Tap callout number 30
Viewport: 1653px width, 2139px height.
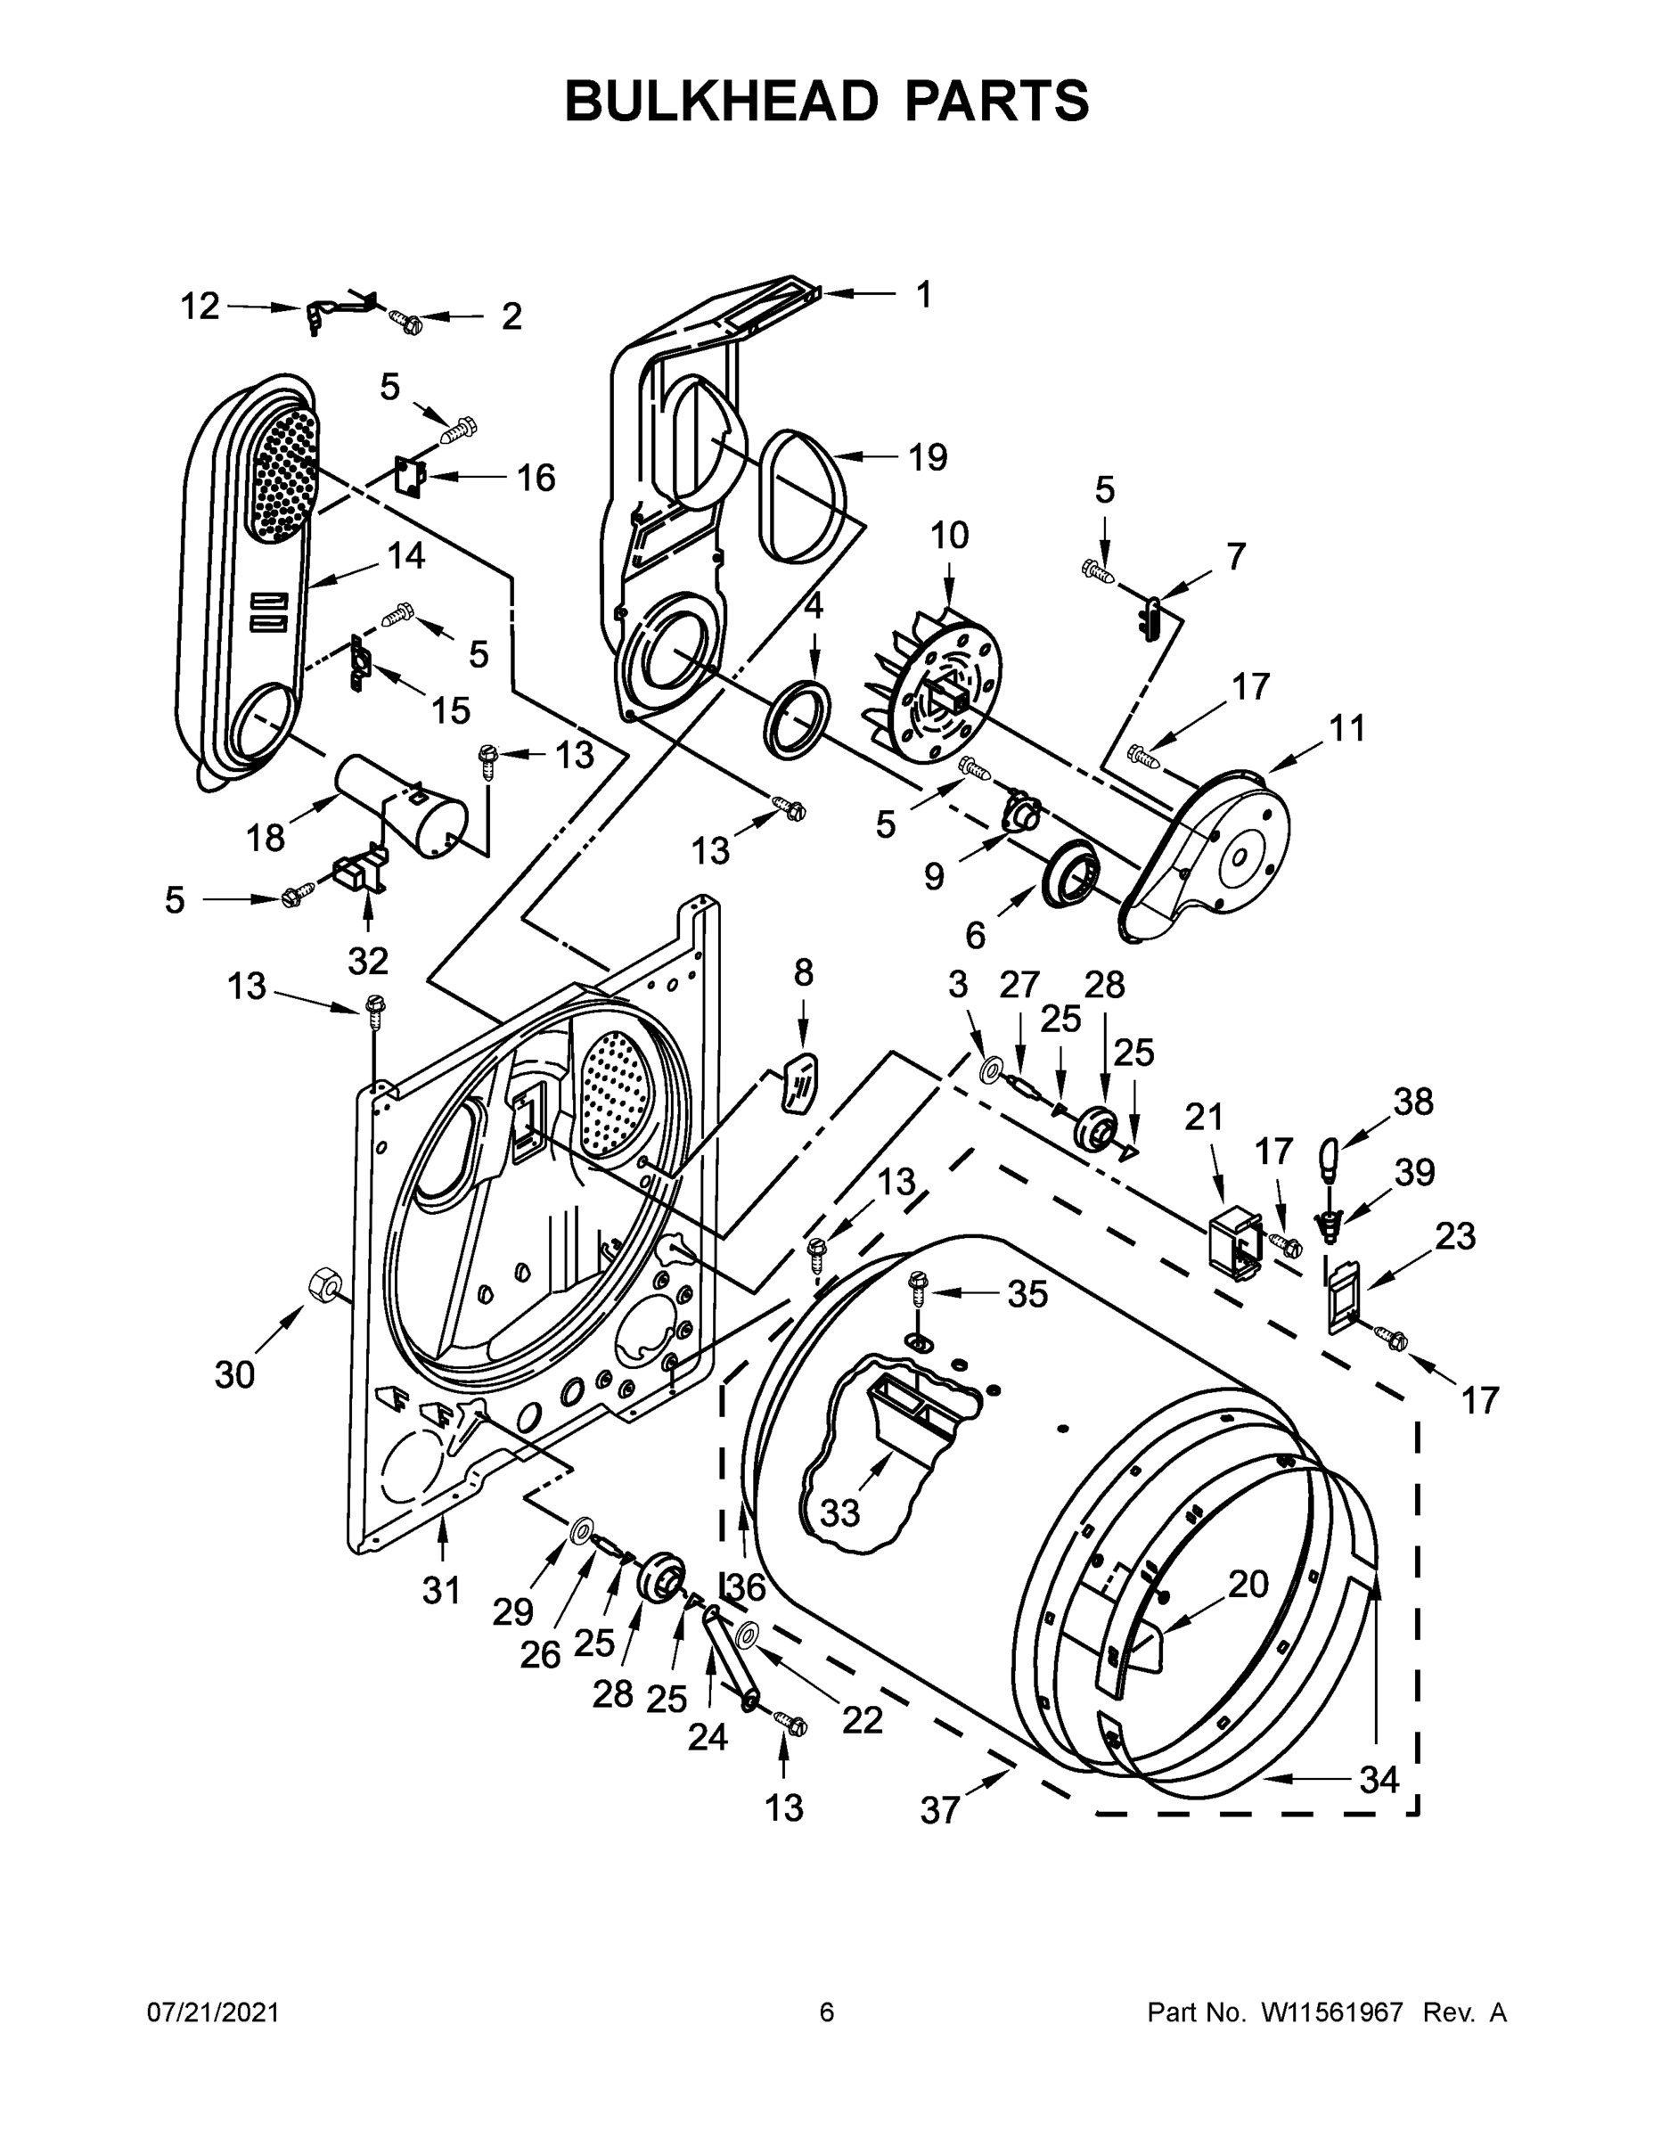[x=235, y=1374]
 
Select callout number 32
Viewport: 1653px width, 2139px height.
[x=368, y=961]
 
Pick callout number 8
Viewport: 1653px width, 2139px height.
[x=803, y=972]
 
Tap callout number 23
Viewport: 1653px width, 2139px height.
[x=1454, y=1236]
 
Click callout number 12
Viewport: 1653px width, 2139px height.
[x=200, y=307]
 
